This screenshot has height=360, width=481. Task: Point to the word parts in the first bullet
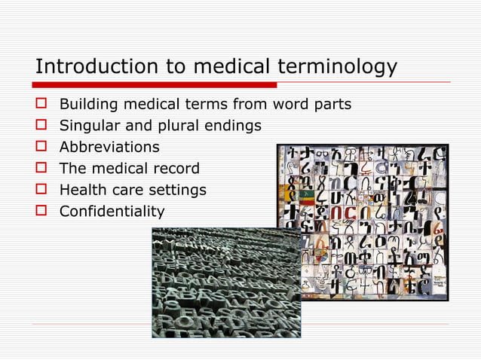click(332, 104)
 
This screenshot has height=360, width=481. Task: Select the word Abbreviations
click(109, 147)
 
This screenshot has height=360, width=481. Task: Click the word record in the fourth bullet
click(176, 168)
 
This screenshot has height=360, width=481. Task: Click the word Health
click(83, 190)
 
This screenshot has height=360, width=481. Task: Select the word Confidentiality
click(112, 212)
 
